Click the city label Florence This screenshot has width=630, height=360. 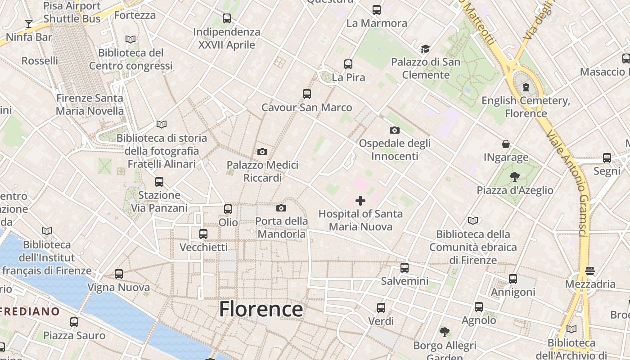[x=261, y=310]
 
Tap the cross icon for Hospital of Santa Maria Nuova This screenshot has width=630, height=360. [x=360, y=201]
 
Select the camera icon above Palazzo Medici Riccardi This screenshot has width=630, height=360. [x=262, y=152]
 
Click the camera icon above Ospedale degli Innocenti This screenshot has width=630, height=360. [x=394, y=130]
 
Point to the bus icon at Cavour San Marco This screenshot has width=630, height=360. [x=307, y=94]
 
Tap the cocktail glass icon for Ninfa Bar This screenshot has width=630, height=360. [x=29, y=23]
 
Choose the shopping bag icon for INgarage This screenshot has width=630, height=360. [x=506, y=144]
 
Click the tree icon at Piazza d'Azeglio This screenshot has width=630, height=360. [x=515, y=177]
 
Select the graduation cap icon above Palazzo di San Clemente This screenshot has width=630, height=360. [x=425, y=49]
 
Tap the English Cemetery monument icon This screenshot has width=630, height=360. [x=526, y=87]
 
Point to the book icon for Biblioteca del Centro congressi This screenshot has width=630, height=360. [x=130, y=40]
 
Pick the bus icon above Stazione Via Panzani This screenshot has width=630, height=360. [x=159, y=182]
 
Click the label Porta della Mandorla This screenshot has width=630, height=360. [x=282, y=227]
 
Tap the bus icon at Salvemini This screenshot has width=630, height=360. [x=405, y=268]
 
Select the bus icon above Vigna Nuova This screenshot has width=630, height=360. [x=119, y=274]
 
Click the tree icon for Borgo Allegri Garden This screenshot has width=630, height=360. [x=445, y=332]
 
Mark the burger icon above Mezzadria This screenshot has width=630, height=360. [x=590, y=271]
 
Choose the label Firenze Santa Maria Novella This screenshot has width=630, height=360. [x=90, y=104]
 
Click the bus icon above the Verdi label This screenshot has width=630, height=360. [x=381, y=308]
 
